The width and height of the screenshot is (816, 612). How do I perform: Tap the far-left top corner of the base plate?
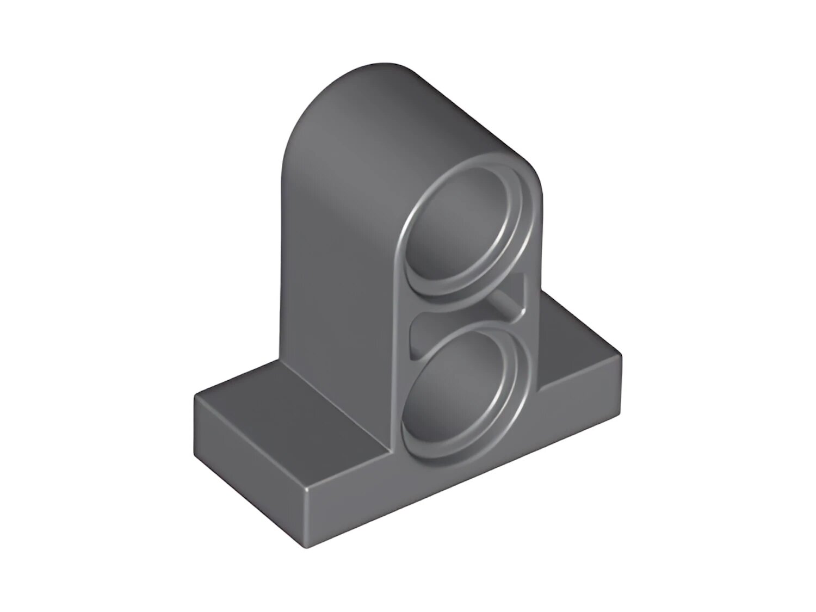click(196, 395)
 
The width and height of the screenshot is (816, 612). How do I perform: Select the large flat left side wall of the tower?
click(337, 245)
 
